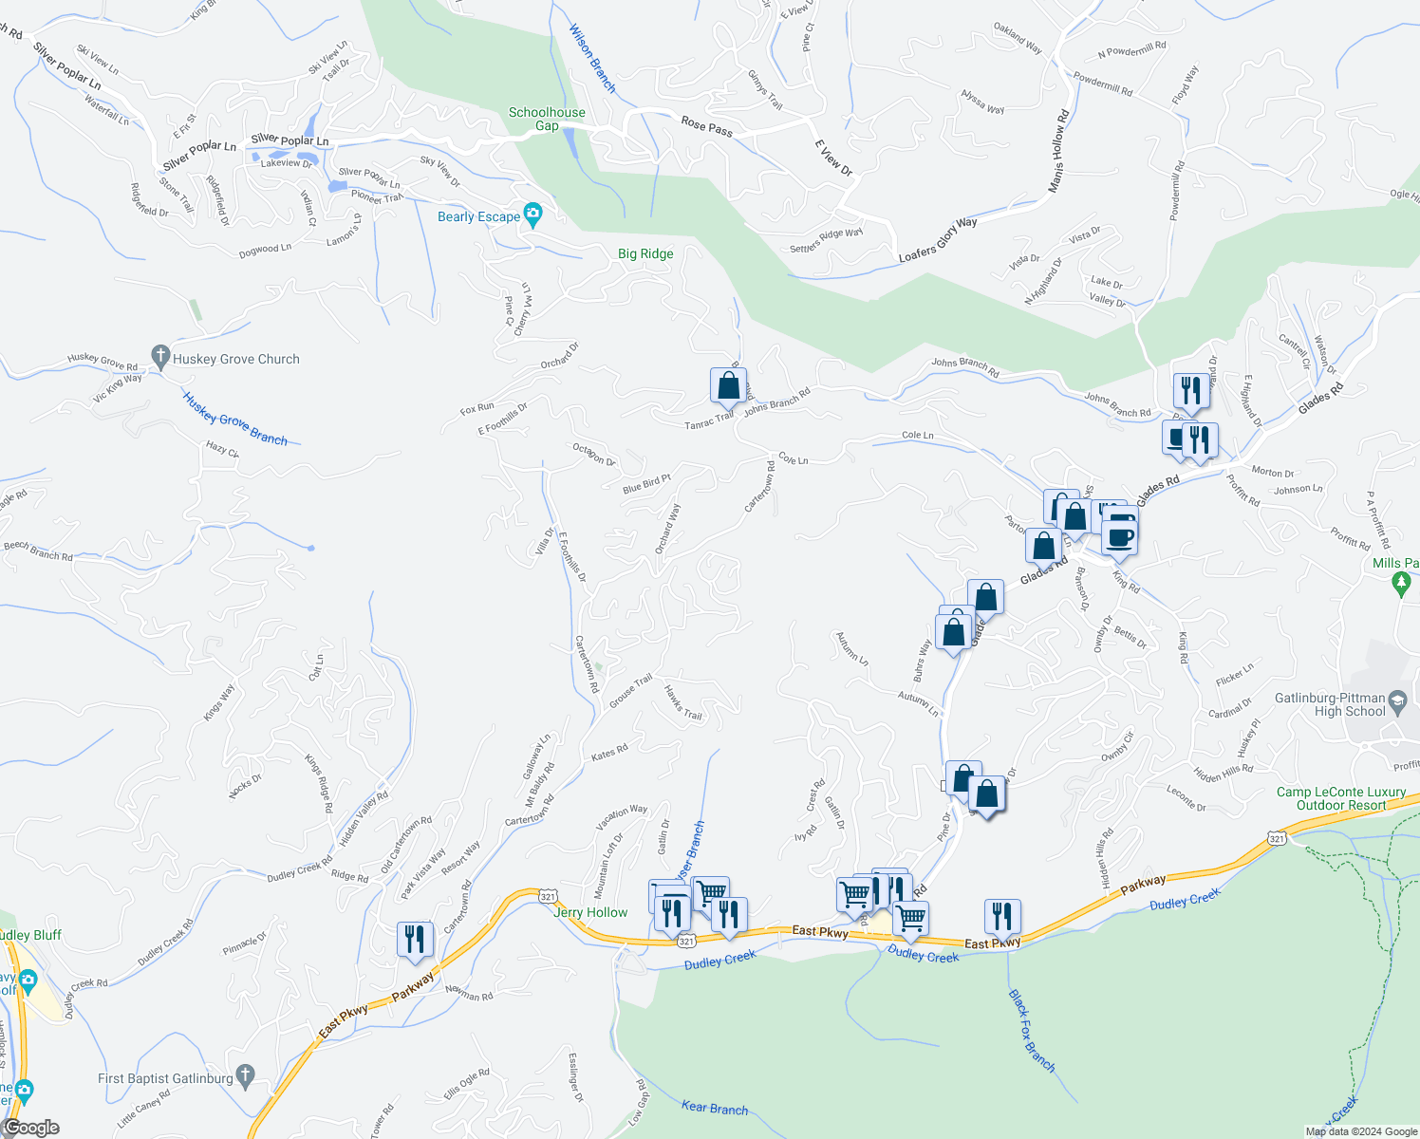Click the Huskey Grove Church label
click(235, 359)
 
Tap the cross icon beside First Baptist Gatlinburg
click(246, 1077)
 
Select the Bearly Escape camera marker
click(533, 215)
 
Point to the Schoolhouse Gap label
click(547, 119)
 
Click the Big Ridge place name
click(645, 253)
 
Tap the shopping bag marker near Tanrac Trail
click(728, 386)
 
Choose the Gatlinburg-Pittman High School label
click(1330, 704)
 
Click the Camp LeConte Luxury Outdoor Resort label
click(1341, 798)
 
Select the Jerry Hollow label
click(590, 912)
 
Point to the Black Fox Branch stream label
click(1031, 1031)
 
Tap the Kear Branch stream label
click(715, 1108)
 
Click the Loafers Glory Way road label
click(938, 240)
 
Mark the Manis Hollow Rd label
click(1058, 152)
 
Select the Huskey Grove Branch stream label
click(235, 419)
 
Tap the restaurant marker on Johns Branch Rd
click(1189, 390)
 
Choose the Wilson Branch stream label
click(592, 58)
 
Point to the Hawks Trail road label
click(682, 702)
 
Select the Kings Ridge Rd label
click(319, 783)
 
